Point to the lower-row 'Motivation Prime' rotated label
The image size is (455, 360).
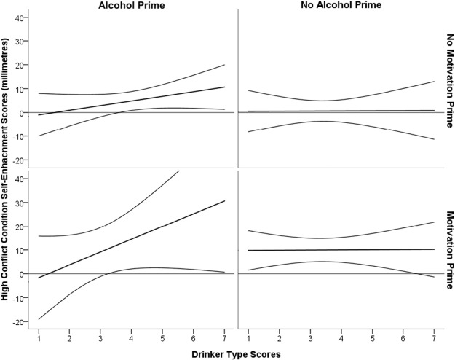pyautogui.click(x=448, y=248)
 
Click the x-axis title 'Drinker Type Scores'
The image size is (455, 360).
pyautogui.click(x=237, y=353)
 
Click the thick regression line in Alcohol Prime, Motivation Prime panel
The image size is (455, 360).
pyautogui.click(x=131, y=249)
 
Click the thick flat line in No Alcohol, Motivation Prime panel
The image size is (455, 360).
pyautogui.click(x=342, y=250)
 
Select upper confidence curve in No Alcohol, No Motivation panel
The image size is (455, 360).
pyautogui.click(x=342, y=100)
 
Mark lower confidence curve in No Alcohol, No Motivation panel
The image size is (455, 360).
pyautogui.click(x=342, y=122)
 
